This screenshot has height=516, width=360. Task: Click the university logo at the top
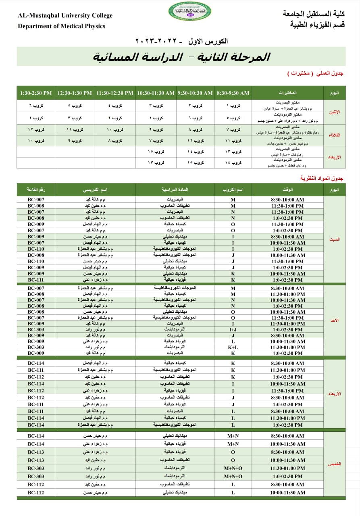click(x=187, y=11)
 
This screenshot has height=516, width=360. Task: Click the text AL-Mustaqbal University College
click(x=65, y=16)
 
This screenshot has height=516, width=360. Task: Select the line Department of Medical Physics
click(x=61, y=26)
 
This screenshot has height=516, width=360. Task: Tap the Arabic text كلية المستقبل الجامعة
click(x=314, y=14)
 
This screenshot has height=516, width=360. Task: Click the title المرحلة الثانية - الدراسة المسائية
click(x=181, y=57)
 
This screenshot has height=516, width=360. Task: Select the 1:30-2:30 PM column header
click(x=36, y=93)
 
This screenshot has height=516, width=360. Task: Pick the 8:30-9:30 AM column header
click(x=233, y=93)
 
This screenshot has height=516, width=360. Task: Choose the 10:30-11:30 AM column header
click(x=156, y=93)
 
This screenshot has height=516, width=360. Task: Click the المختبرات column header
click(x=288, y=93)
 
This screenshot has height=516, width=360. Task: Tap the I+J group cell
click(x=233, y=329)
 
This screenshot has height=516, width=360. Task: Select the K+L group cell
click(x=233, y=347)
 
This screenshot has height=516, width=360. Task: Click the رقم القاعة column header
click(x=36, y=189)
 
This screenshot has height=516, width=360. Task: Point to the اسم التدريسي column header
click(x=95, y=189)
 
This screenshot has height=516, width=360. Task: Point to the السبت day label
click(x=335, y=239)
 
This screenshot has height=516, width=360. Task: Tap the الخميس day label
click(x=335, y=464)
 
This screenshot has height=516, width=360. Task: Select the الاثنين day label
click(x=335, y=112)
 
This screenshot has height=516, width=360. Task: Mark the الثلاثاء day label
click(x=335, y=135)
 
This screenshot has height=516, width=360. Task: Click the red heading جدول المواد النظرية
click(x=322, y=178)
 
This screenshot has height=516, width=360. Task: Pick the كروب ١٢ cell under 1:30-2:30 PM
click(x=36, y=130)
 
